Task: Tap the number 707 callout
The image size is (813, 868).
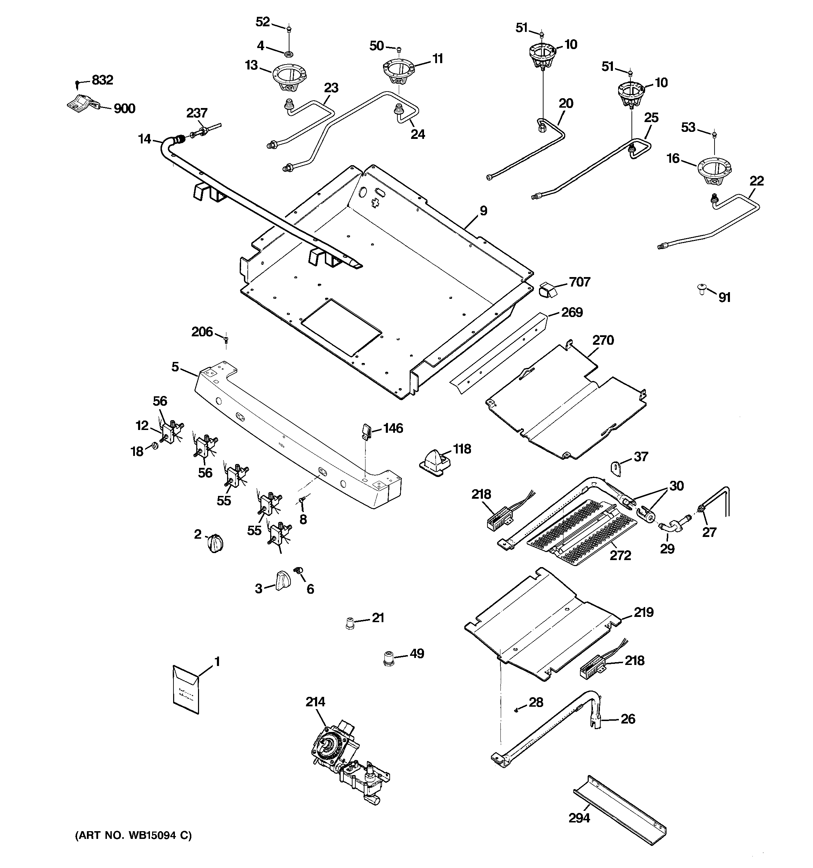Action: click(580, 282)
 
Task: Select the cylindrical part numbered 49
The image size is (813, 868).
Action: click(388, 657)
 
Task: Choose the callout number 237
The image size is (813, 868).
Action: click(197, 113)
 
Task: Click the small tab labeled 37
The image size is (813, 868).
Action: click(616, 468)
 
